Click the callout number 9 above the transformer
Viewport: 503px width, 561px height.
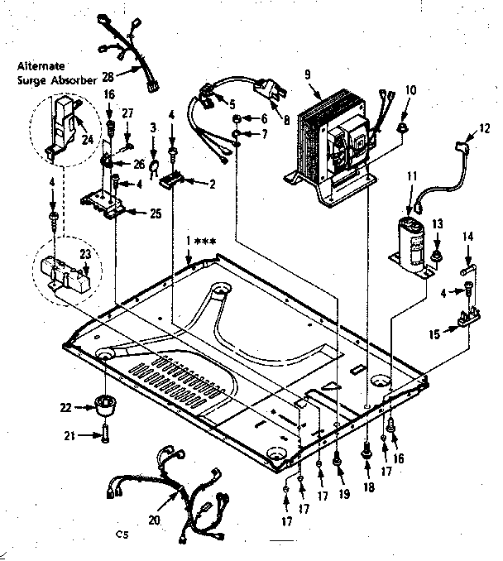(x=307, y=75)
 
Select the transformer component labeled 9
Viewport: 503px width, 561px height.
(x=331, y=141)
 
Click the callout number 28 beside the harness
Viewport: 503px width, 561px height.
(x=107, y=75)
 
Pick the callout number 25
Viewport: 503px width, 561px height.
(x=156, y=213)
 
